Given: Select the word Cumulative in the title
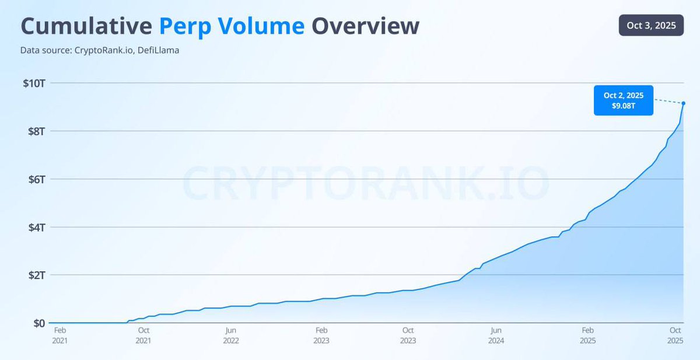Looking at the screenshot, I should pyautogui.click(x=86, y=27).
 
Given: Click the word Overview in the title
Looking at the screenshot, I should pyautogui.click(x=365, y=27).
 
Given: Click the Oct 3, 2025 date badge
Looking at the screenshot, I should pyautogui.click(x=650, y=26).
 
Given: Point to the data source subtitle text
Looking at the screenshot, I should pyautogui.click(x=100, y=51).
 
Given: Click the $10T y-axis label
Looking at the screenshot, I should pyautogui.click(x=34, y=83).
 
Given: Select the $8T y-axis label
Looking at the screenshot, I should pyautogui.click(x=36, y=131).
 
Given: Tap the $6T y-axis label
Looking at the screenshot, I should pyautogui.click(x=36, y=179).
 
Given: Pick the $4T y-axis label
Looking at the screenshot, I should pyautogui.click(x=36, y=227).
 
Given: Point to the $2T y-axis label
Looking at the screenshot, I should pyautogui.click(x=36, y=275).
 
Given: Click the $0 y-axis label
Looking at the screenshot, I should pyautogui.click(x=39, y=323).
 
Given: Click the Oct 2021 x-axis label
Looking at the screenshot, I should pyautogui.click(x=143, y=335).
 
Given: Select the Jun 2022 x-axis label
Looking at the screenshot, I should pyautogui.click(x=231, y=335).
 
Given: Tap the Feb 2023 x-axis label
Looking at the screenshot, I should pyautogui.click(x=321, y=335).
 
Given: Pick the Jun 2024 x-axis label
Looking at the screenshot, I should pyautogui.click(x=496, y=335).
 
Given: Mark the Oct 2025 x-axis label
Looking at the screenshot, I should pyautogui.click(x=675, y=335).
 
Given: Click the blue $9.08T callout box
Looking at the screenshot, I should pyautogui.click(x=623, y=100).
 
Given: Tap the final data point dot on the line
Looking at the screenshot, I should pyautogui.click(x=683, y=103).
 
